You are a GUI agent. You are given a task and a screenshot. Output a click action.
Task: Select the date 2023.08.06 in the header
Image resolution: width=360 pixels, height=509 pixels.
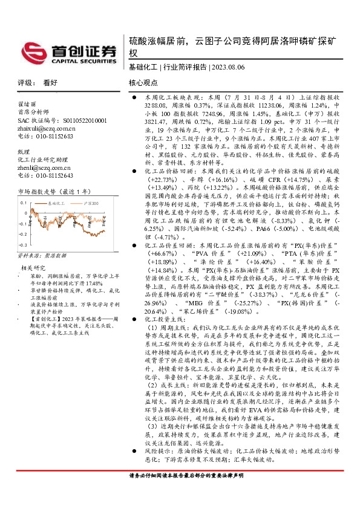(x=226, y=67)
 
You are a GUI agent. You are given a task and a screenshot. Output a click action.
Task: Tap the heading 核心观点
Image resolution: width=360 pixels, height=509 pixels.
(x=143, y=82)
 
